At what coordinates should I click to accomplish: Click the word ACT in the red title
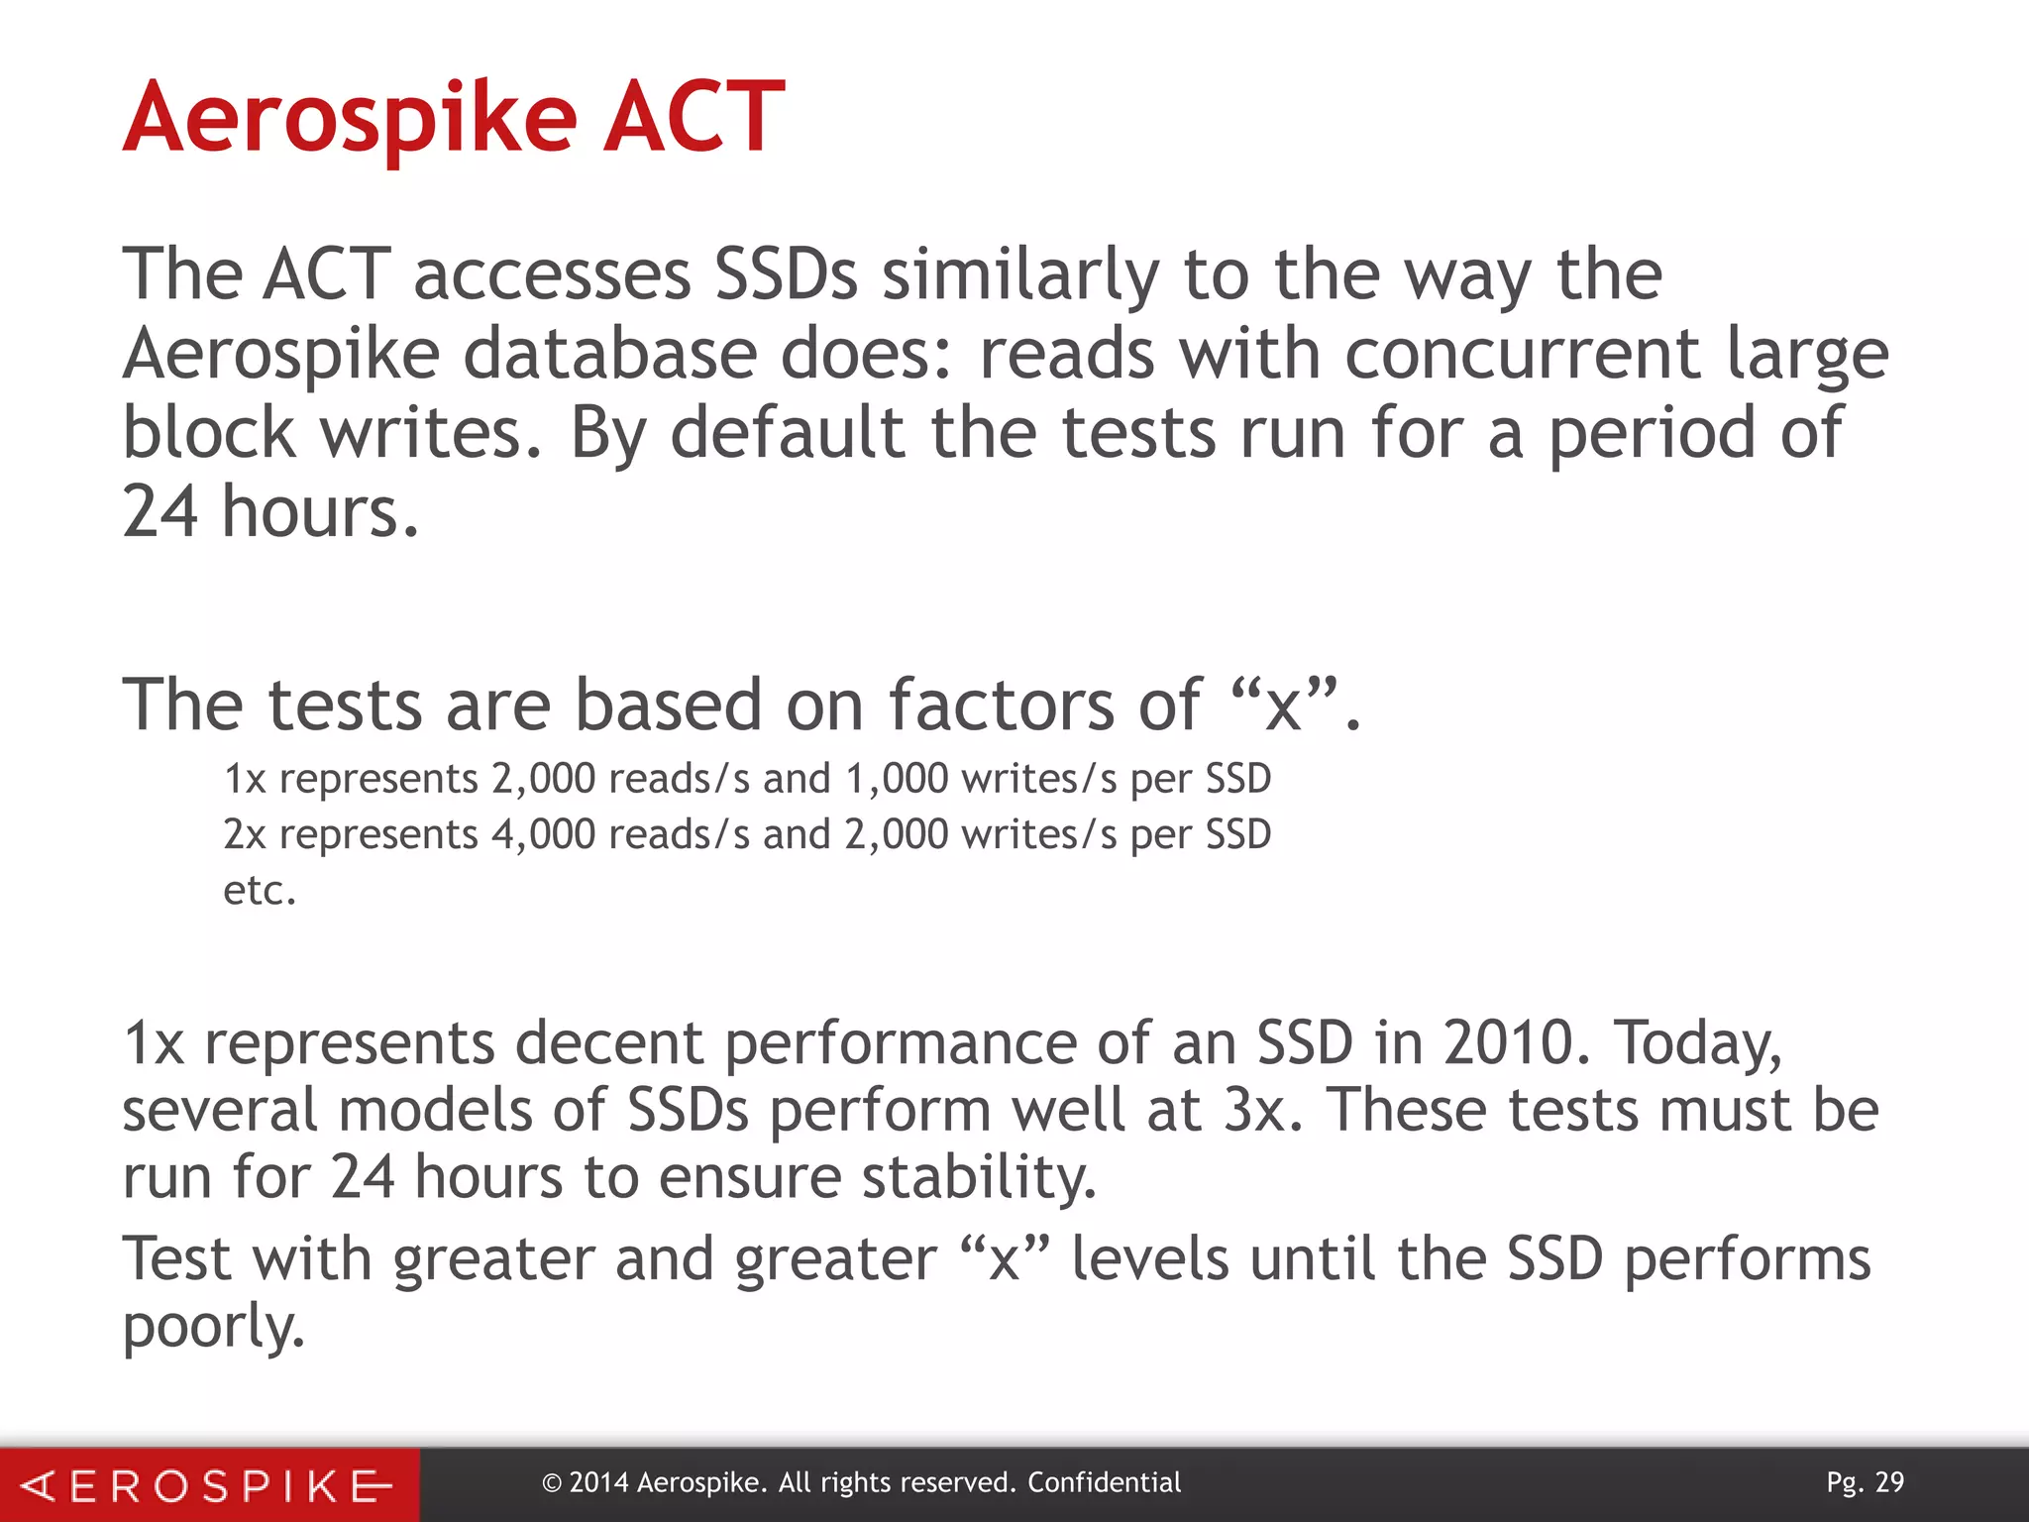click(694, 119)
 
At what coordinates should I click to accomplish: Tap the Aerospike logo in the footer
click(208, 1485)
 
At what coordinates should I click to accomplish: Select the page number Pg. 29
click(1865, 1482)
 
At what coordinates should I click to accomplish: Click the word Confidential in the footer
click(1104, 1482)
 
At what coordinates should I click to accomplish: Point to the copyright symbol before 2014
click(552, 1483)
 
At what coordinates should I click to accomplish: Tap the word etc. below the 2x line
click(260, 890)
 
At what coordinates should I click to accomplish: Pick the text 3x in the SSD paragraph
click(1253, 1110)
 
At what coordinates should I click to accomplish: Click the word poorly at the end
click(213, 1328)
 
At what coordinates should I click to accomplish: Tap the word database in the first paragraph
click(610, 354)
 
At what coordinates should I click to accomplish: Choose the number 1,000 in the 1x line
click(897, 779)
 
